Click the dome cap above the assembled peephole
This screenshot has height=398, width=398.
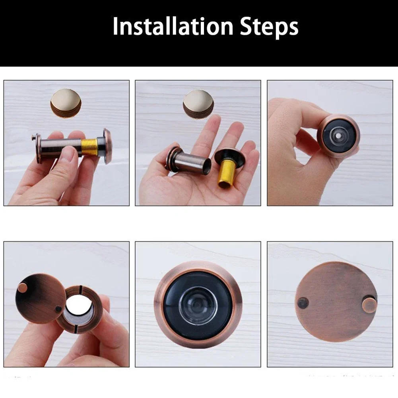tap(66, 101)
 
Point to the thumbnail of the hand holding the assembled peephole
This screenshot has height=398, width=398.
tap(66, 143)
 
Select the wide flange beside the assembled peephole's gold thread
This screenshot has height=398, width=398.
tap(107, 146)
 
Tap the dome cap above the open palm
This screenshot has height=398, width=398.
tap(198, 102)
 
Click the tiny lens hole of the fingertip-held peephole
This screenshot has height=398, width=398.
tap(338, 135)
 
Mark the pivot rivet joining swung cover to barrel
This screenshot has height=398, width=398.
tap(59, 309)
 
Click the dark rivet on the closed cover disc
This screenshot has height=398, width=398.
tap(303, 303)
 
